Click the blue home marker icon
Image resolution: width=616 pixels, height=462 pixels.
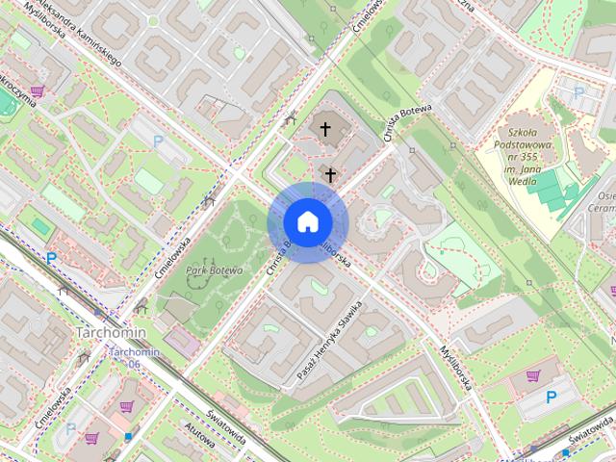(x=306, y=221)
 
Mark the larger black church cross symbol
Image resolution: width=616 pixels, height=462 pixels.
(x=325, y=129)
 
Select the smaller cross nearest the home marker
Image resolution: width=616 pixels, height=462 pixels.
(x=331, y=174)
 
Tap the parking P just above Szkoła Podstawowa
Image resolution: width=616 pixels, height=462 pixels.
(x=578, y=94)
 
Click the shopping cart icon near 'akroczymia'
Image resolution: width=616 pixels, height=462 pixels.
(x=37, y=90)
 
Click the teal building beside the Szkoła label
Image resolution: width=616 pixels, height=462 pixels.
(x=553, y=190)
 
